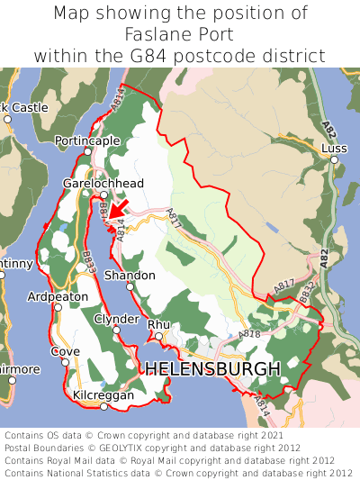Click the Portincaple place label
point(87,141)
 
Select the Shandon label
point(130,276)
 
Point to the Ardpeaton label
point(58,296)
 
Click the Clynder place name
point(117,319)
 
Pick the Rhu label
point(158,324)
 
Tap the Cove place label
point(65,351)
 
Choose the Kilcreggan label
point(103,395)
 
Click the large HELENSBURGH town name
point(212,369)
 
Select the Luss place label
point(334,148)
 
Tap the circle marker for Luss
point(334,160)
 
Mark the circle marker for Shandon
point(130,287)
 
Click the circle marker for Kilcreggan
point(103,407)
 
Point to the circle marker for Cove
point(65,363)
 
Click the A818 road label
point(249,334)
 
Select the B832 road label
point(307,292)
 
